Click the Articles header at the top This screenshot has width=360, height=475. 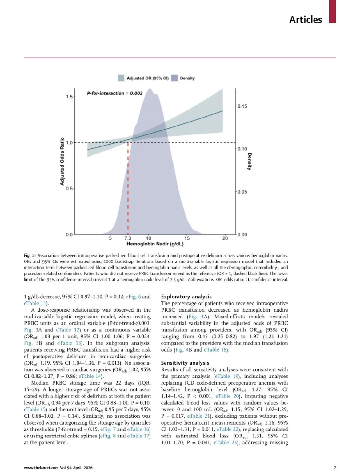(x=305, y=20)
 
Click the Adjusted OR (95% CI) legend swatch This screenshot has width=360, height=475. (x=121, y=78)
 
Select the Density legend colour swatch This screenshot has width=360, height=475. (x=174, y=78)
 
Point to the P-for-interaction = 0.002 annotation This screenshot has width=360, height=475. (x=115, y=93)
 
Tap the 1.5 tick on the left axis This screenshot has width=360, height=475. (x=69, y=97)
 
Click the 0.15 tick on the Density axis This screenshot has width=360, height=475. (x=242, y=106)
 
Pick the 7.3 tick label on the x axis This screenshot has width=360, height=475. (x=128, y=238)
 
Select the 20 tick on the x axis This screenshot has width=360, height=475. (x=225, y=238)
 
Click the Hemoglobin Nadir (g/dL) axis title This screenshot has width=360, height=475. (x=155, y=244)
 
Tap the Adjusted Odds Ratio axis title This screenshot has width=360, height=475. (x=62, y=161)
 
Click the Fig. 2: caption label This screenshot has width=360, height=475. (x=30, y=256)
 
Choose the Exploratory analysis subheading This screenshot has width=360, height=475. (x=186, y=297)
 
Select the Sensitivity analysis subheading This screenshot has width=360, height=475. (x=185, y=363)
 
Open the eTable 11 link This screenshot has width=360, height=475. (x=35, y=303)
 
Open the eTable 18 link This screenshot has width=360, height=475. (x=215, y=350)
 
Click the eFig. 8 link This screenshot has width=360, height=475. (x=108, y=436)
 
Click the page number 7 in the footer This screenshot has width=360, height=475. (x=335, y=468)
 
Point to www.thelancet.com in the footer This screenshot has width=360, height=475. (x=41, y=468)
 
